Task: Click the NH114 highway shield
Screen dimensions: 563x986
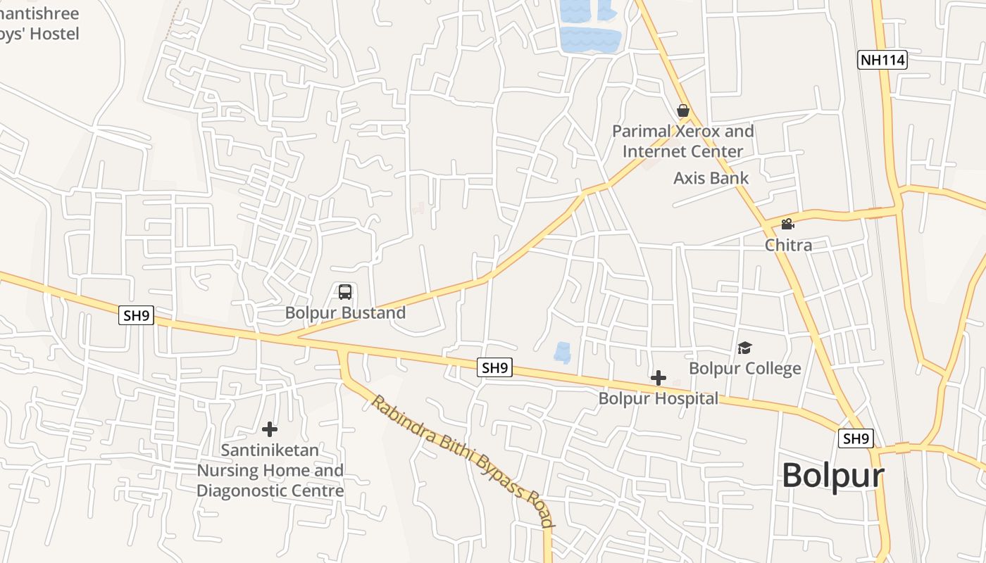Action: coord(882,60)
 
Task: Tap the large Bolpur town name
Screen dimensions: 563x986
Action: coord(832,476)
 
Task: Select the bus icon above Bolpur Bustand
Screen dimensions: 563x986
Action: coord(345,292)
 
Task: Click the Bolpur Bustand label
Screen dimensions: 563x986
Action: coord(345,313)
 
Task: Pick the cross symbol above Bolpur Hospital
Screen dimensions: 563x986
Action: coord(659,379)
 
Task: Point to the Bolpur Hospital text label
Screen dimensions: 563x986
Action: coord(659,399)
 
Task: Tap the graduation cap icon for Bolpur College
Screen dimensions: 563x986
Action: coord(744,348)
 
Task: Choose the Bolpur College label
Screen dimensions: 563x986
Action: coord(744,369)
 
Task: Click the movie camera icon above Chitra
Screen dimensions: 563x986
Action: coord(787,224)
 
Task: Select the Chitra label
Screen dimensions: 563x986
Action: coord(788,246)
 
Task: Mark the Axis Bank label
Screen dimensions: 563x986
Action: coord(711,178)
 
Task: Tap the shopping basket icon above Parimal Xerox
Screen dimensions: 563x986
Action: coord(682,110)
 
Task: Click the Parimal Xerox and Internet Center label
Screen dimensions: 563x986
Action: coord(682,141)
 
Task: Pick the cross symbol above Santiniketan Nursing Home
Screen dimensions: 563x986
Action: coord(270,429)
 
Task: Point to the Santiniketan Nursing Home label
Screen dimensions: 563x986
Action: coord(270,470)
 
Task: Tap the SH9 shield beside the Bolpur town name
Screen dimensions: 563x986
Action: coord(856,438)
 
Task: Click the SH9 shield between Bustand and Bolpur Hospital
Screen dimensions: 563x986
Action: coord(494,367)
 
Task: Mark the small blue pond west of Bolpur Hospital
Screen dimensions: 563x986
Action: coord(562,353)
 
